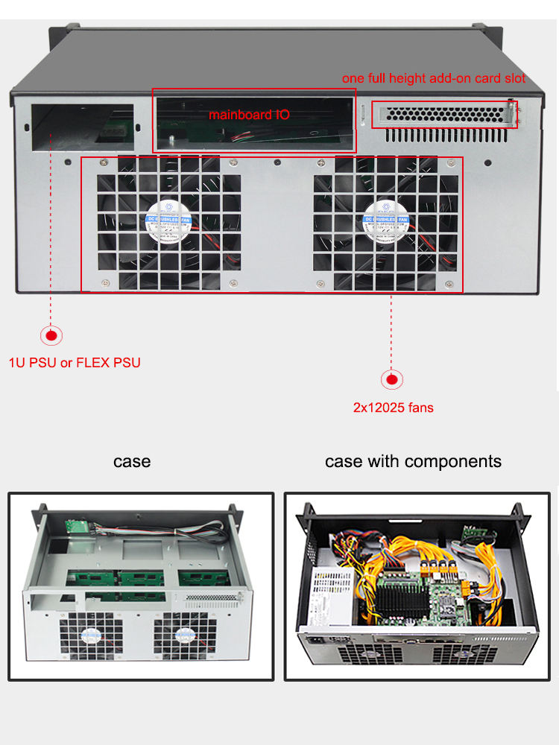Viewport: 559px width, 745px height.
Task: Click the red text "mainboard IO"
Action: tap(248, 115)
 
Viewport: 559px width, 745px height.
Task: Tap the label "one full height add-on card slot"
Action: tap(434, 78)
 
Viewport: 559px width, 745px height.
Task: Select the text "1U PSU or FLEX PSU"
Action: tap(75, 363)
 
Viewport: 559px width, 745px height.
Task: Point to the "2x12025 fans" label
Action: tap(393, 408)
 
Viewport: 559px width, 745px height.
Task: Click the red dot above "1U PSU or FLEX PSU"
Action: tap(51, 336)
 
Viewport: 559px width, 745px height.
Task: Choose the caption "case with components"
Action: tap(413, 461)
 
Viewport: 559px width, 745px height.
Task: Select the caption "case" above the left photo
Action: tap(132, 461)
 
